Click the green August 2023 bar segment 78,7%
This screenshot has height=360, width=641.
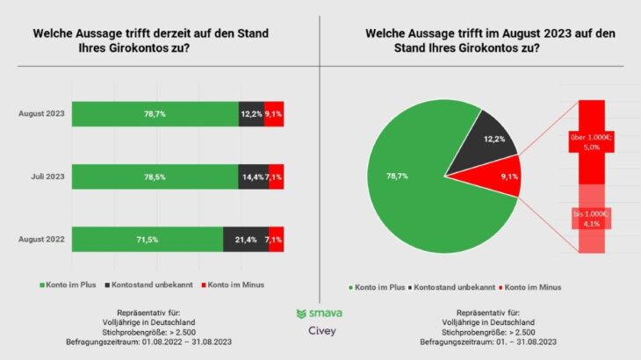(155, 114)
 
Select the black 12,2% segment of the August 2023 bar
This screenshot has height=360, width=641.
(250, 114)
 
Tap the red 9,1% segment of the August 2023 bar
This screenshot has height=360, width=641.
(273, 114)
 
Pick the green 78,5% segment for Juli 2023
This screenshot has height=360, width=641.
(155, 176)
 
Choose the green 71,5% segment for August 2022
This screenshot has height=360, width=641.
(148, 239)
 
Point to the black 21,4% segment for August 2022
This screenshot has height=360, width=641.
(243, 239)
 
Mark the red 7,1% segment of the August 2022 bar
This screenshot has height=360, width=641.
(274, 239)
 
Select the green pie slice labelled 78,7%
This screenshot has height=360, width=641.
(404, 184)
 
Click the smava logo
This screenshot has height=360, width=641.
(320, 313)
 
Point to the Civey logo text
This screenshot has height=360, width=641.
(320, 332)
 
